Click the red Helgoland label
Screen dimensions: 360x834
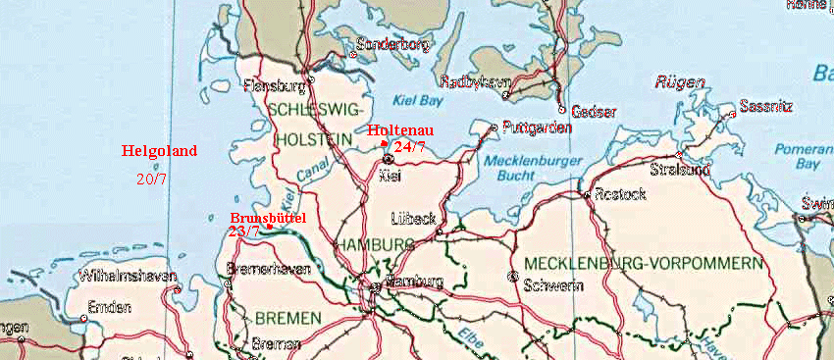point(159,151)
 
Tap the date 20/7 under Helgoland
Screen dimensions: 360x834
point(151,179)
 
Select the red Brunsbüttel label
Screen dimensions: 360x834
point(268,217)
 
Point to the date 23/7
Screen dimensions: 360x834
point(243,231)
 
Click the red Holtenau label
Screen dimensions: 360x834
point(400,130)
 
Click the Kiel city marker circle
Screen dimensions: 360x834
point(388,158)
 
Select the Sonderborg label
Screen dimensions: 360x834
point(392,45)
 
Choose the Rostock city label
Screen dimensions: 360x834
point(620,194)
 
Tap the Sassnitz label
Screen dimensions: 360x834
point(771,105)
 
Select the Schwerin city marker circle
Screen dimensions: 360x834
point(513,276)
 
